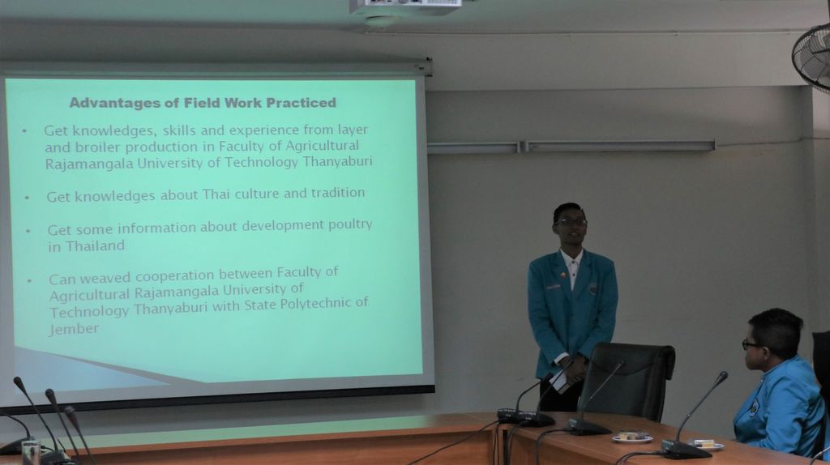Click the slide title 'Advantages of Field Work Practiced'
(203, 102)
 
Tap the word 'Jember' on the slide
(74, 329)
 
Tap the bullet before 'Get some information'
(28, 231)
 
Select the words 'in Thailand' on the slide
(86, 246)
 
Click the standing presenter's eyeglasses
(571, 222)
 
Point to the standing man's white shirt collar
(571, 258)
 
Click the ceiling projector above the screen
(405, 7)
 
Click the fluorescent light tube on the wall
(571, 147)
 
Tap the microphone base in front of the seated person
(686, 450)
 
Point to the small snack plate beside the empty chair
(632, 437)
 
